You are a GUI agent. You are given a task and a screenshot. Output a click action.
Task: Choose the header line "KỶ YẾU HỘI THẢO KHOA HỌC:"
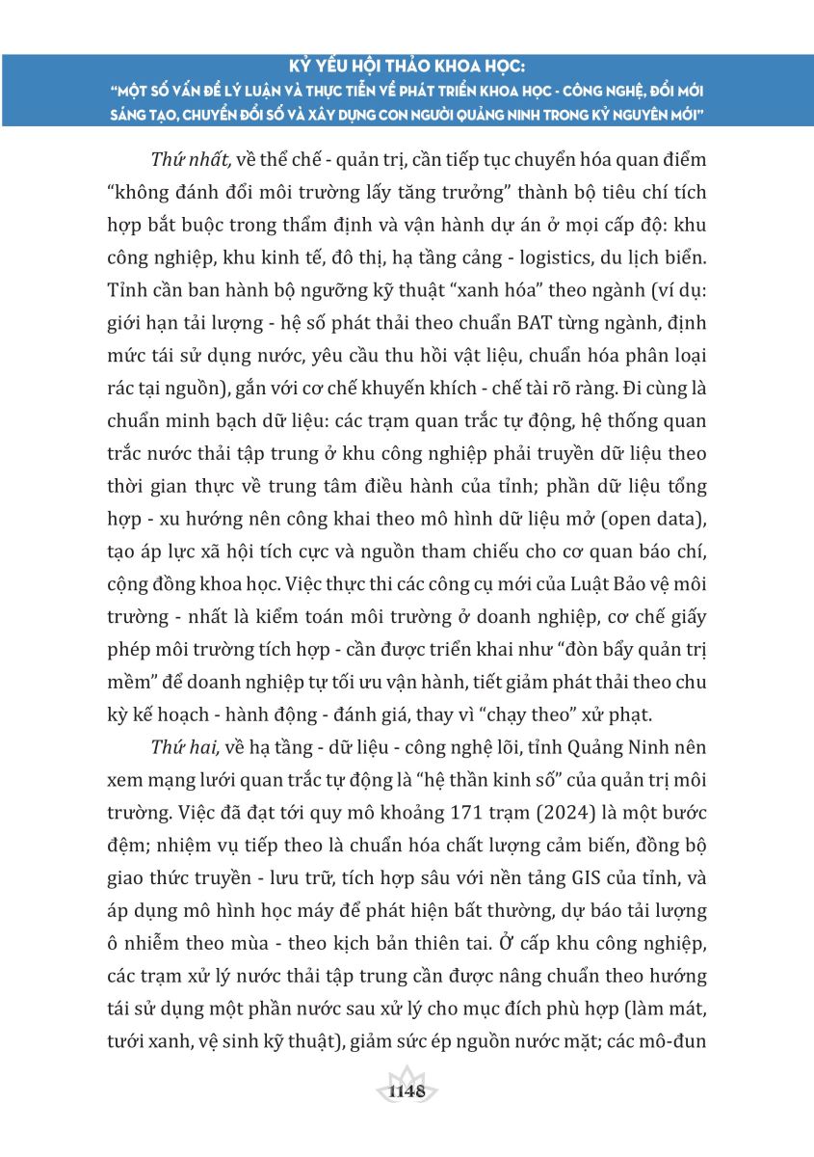coord(407,70)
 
